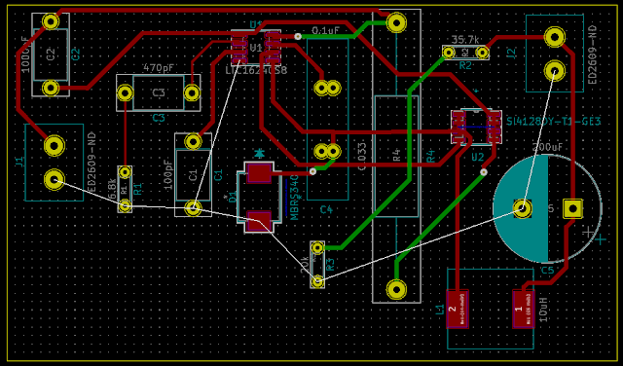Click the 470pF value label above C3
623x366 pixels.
pyautogui.click(x=159, y=69)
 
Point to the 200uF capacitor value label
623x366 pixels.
pyautogui.click(x=547, y=147)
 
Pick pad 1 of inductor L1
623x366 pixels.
pyautogui.click(x=522, y=309)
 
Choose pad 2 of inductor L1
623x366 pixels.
pyautogui.click(x=455, y=309)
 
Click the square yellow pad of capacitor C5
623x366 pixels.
pyautogui.click(x=572, y=208)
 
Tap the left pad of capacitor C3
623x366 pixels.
pyautogui.click(x=125, y=93)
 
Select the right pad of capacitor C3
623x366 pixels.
pyautogui.click(x=193, y=93)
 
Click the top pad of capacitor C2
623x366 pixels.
pyautogui.click(x=51, y=20)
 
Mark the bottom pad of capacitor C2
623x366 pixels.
pyautogui.click(x=51, y=88)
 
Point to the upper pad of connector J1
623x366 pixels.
pyautogui.click(x=55, y=146)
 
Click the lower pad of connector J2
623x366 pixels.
pyautogui.click(x=554, y=70)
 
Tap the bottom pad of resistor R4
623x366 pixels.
pyautogui.click(x=396, y=289)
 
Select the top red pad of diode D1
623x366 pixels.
pyautogui.click(x=259, y=173)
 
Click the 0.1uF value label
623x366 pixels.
pyautogui.click(x=325, y=31)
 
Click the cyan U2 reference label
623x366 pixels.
pyautogui.click(x=477, y=156)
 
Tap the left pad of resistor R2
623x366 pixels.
pyautogui.click(x=448, y=52)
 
